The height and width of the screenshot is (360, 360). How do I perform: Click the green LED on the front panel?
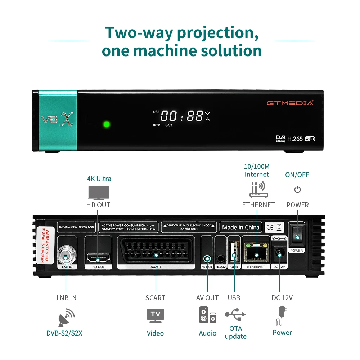(x=107, y=125)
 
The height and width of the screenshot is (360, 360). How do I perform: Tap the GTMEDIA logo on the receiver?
(x=290, y=103)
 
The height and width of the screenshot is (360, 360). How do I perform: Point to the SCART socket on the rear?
(x=156, y=254)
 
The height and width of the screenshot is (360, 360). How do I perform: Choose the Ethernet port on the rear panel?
(x=256, y=253)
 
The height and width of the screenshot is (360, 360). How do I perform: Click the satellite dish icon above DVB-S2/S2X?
(x=66, y=317)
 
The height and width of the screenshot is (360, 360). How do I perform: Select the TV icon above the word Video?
(x=155, y=315)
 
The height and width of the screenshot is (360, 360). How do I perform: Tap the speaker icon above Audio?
(x=208, y=315)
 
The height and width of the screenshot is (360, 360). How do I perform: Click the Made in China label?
(x=240, y=227)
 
